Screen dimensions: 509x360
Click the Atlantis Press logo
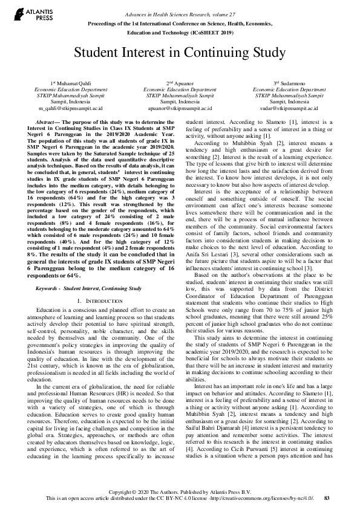pyautogui.click(x=30, y=14)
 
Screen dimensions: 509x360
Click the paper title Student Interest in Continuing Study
pyautogui.click(x=180, y=53)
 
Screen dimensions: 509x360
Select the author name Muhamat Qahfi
pyautogui.click(x=70, y=82)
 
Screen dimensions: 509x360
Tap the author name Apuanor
pyautogui.click(x=182, y=82)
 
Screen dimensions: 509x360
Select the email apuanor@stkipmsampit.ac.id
pyautogui.click(x=179, y=108)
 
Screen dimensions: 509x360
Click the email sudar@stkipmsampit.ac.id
pyautogui.click(x=289, y=108)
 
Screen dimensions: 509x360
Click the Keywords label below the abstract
pyautogui.click(x=49, y=289)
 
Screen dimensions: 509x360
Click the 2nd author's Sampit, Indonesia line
pyautogui.click(x=179, y=102)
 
